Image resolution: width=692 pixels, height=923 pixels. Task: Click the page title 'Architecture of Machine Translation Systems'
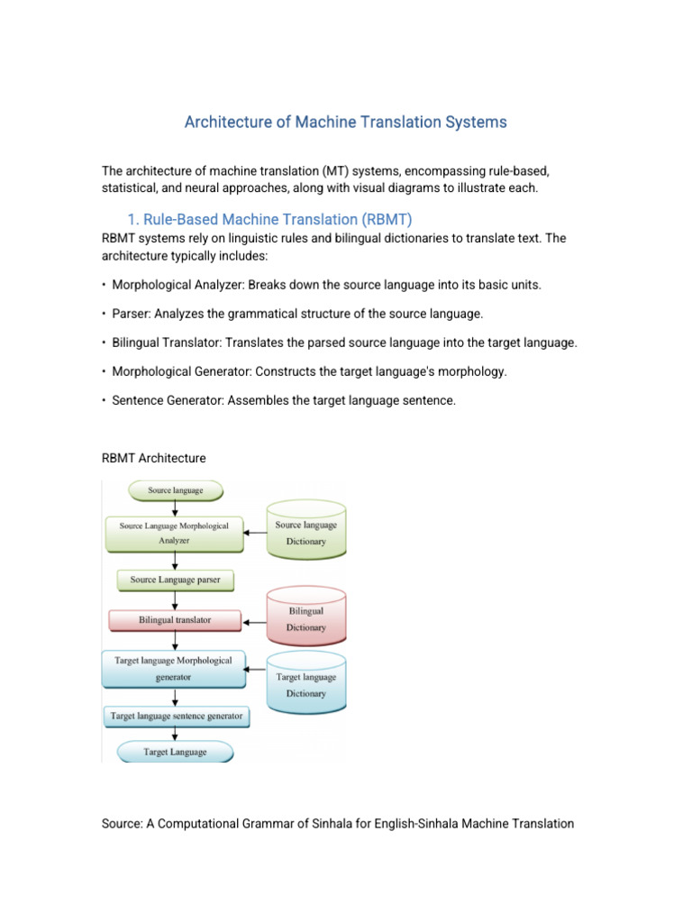coord(346,122)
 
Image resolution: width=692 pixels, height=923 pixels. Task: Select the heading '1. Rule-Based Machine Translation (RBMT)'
coord(269,219)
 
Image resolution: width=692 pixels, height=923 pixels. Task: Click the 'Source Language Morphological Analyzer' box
coord(174,533)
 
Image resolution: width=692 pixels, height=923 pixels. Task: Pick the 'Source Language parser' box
coord(175,580)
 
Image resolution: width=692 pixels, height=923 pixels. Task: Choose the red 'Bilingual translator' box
coord(175,621)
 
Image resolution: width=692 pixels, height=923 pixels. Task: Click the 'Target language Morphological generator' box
coord(173,669)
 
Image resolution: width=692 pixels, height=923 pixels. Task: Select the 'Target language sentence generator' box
coord(176,717)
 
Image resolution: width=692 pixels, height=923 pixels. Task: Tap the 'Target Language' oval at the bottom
coord(175,752)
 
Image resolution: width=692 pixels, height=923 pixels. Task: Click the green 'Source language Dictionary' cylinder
coord(306,532)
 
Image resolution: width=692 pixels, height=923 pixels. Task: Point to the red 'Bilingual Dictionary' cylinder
coord(306,618)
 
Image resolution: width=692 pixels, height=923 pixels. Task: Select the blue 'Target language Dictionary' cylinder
coord(306,684)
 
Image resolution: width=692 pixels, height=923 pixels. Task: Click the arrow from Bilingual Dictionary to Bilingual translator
coord(255,621)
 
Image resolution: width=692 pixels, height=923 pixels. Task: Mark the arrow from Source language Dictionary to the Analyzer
coord(256,533)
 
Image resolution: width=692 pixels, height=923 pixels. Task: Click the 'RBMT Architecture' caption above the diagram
coord(154,458)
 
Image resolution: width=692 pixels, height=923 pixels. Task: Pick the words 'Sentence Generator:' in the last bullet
coord(168,400)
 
